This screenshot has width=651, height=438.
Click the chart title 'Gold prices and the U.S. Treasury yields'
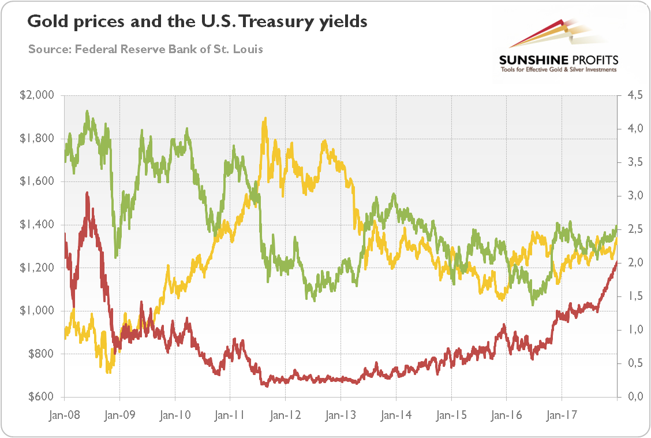point(197,23)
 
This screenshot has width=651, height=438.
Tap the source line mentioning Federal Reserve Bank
point(145,49)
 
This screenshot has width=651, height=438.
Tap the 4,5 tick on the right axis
point(632,95)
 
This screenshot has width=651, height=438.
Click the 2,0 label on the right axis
point(632,263)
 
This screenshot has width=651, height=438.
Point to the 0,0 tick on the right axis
point(632,397)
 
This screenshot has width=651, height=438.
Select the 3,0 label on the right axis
point(632,196)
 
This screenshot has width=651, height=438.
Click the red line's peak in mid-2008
point(87,193)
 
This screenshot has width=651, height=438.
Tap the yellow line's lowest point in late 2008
point(108,372)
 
